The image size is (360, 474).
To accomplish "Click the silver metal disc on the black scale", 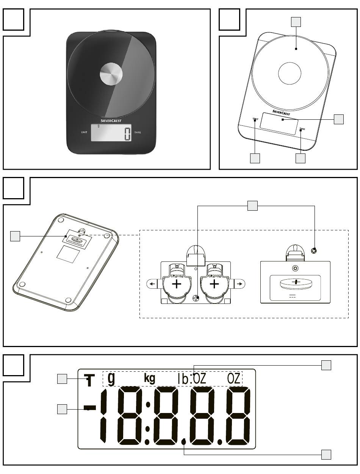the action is (111, 74).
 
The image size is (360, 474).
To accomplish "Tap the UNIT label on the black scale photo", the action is (84, 132).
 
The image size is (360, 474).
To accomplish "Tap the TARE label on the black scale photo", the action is (138, 132).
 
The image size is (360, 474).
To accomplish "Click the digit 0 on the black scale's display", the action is (127, 134).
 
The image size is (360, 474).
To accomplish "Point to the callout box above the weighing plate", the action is (296, 22).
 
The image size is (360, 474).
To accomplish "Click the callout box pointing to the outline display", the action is (339, 119).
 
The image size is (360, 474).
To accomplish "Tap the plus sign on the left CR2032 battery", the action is (176, 284).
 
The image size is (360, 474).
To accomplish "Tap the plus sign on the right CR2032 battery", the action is (214, 284).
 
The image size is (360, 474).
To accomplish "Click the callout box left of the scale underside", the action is (15, 237).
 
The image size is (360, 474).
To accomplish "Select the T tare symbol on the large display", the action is (89, 381).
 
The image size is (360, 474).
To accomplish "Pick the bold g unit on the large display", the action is (111, 379).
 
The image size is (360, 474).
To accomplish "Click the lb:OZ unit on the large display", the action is (192, 379).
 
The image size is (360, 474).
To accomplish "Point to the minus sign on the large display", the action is (89, 408).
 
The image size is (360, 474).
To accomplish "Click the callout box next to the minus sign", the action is (63, 409).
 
